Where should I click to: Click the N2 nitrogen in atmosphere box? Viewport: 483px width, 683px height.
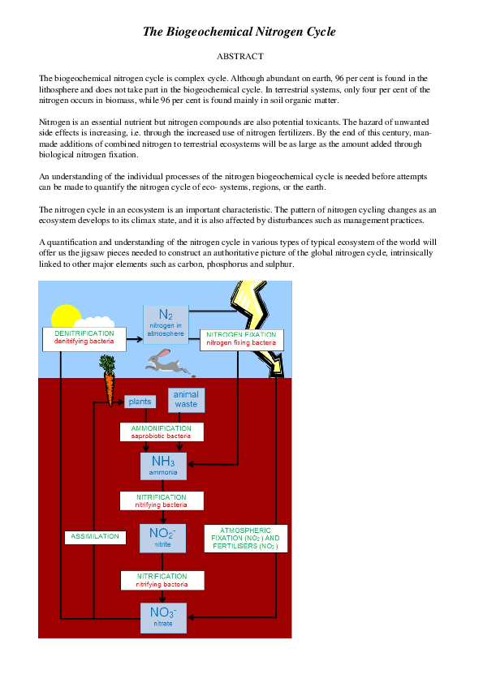point(166,323)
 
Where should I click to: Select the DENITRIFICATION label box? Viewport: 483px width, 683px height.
point(84,338)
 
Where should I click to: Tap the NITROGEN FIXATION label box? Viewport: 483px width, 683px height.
point(241,339)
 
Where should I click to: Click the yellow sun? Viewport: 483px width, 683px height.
point(65,318)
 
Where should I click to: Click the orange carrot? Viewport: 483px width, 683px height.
point(110,381)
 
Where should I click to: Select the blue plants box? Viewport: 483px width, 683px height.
point(139,402)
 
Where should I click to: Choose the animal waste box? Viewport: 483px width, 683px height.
point(186,399)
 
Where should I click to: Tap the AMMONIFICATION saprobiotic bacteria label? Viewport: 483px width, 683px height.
point(162,432)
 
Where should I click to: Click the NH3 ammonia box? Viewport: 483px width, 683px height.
point(163,466)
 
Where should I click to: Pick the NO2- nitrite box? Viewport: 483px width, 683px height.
point(163,538)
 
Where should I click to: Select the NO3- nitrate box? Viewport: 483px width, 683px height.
point(163,617)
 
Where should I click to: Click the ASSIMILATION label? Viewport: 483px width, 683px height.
point(95,537)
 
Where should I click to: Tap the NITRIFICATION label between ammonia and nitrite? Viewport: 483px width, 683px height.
point(162,500)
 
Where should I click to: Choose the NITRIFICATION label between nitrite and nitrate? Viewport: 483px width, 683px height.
point(162,580)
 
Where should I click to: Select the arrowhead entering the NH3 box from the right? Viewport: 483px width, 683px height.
point(192,465)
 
